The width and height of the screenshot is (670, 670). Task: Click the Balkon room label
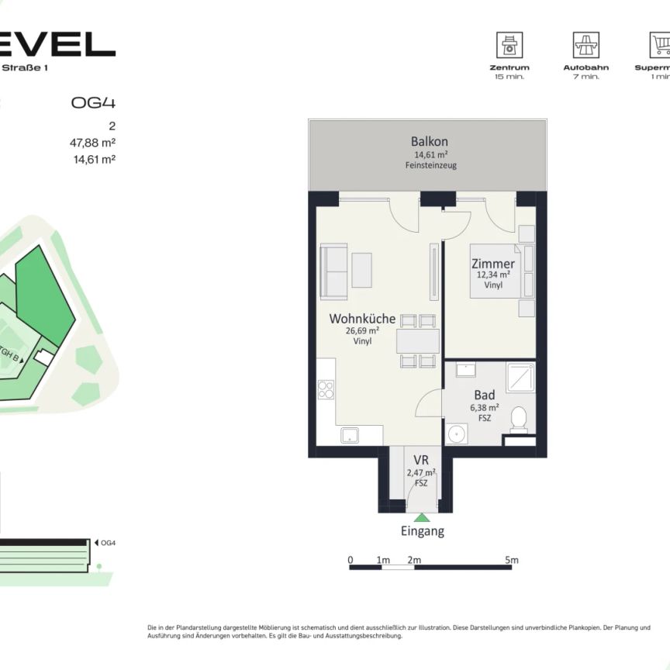430,142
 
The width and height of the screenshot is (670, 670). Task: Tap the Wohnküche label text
362,319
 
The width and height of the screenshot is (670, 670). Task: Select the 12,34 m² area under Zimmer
493,275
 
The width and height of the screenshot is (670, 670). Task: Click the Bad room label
485,395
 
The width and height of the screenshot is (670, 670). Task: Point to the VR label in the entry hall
421,461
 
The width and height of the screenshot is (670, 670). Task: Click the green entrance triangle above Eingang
422,517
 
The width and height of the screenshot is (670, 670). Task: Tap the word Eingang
422,531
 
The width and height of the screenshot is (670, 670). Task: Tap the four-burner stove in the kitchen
326,389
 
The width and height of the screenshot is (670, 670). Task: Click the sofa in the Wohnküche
334,271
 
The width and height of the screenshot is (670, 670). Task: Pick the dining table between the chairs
418,341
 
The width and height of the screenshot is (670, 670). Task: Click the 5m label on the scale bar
511,560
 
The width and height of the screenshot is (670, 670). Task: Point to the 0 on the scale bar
351,560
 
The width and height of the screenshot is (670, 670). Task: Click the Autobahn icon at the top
586,45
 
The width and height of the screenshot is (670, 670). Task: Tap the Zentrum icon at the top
509,45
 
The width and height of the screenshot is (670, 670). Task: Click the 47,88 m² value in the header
92,142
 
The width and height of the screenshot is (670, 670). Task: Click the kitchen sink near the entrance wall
351,435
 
